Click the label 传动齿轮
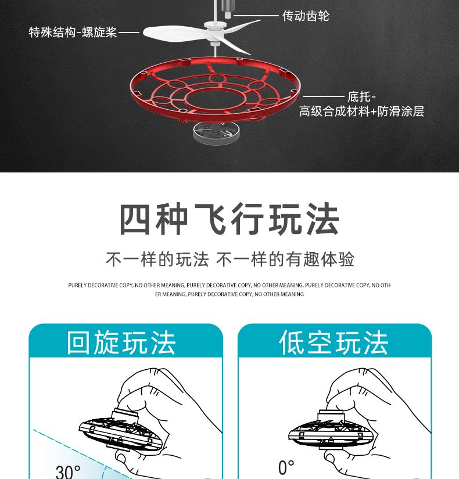pos(306,16)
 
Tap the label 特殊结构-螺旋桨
pos(73,32)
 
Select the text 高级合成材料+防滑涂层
pos(361,111)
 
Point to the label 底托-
pos(361,97)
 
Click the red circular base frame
pos(216,92)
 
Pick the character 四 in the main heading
pos(135,219)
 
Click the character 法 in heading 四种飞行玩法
pos(323,219)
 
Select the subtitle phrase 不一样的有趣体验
pos(285,260)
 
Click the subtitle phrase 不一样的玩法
pos(157,260)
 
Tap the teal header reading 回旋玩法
pos(126,340)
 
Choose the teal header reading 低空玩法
pos(335,340)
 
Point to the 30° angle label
pos(68,472)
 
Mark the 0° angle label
pos(286,467)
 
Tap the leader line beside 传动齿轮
pos(256,15)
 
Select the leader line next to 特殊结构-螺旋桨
pos(129,32)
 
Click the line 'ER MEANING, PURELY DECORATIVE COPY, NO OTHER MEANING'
pos(229,294)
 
